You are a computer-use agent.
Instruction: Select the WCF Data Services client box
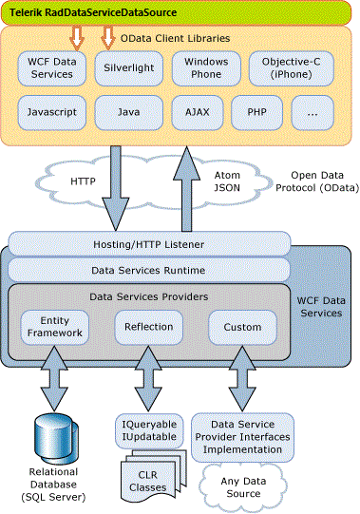50,67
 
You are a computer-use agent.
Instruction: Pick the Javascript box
50,112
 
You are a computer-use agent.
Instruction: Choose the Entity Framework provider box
55,327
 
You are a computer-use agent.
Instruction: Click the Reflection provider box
148,327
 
